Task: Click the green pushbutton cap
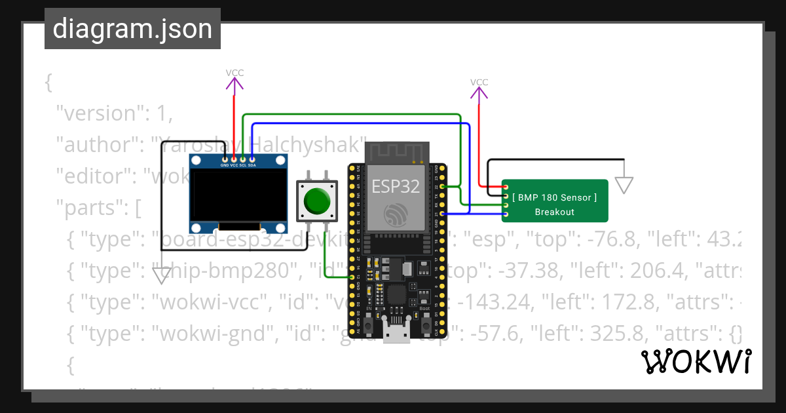[x=318, y=201]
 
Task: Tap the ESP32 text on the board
[x=396, y=186]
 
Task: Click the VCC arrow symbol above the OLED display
[x=234, y=83]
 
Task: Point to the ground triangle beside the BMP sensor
[x=625, y=186]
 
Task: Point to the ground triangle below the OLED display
[x=160, y=276]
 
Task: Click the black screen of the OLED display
[x=239, y=195]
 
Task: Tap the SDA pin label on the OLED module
[x=252, y=165]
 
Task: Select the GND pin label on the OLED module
[x=225, y=165]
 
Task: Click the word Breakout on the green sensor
[x=554, y=212]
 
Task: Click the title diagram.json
[x=132, y=29]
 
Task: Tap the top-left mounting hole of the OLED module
[x=195, y=161]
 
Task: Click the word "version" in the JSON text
[x=99, y=113]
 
